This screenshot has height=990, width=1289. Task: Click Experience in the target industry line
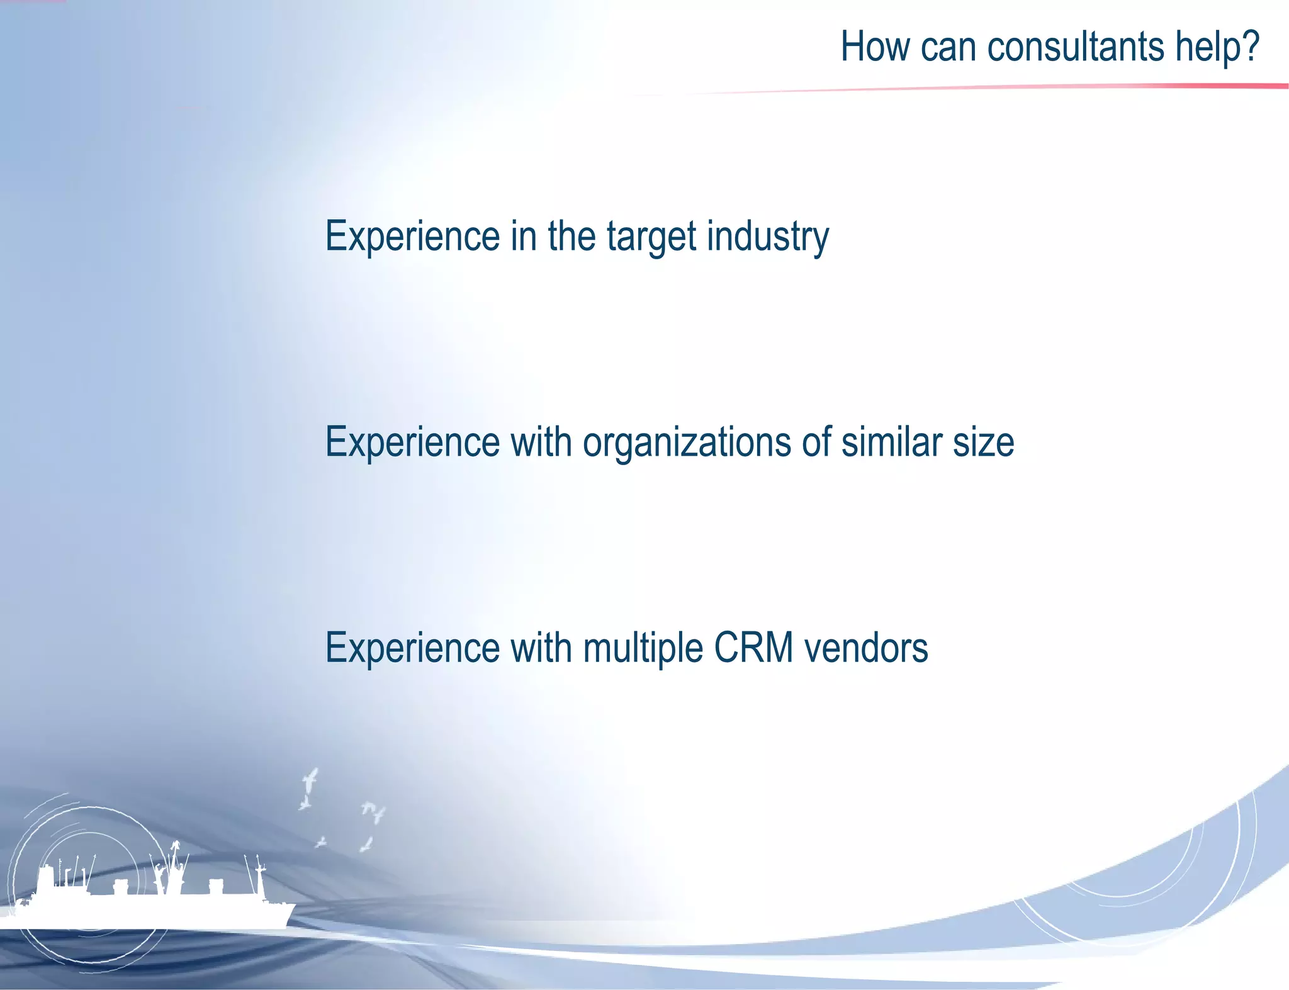tap(412, 237)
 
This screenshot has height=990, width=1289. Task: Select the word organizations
tap(686, 444)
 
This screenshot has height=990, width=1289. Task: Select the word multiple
tap(642, 650)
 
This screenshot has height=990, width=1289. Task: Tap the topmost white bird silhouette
tap(310, 780)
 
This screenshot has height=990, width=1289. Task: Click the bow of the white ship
tap(286, 909)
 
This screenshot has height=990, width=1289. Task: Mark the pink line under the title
tap(1070, 87)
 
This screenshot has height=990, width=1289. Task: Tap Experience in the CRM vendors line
tap(412, 649)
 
